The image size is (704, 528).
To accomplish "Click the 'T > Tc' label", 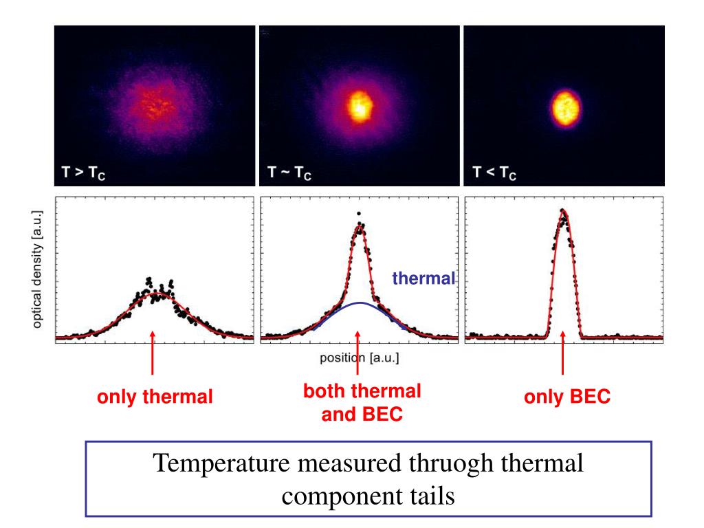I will [x=83, y=171].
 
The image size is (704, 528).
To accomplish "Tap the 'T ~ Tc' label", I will [x=289, y=171].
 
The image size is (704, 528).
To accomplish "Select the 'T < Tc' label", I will [x=494, y=171].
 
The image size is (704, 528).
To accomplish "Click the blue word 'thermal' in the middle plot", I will [x=423, y=278].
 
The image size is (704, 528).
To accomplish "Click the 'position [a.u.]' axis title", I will [x=359, y=358].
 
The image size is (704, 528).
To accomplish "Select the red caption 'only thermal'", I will [x=154, y=397].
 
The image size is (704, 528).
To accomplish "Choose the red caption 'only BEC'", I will [x=566, y=397].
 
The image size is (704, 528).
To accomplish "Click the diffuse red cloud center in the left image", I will [x=154, y=107].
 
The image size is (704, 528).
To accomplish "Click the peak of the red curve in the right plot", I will [x=563, y=213].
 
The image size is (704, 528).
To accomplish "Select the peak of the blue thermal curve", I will [x=359, y=302].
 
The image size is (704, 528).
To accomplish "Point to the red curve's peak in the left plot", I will [x=157, y=294].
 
